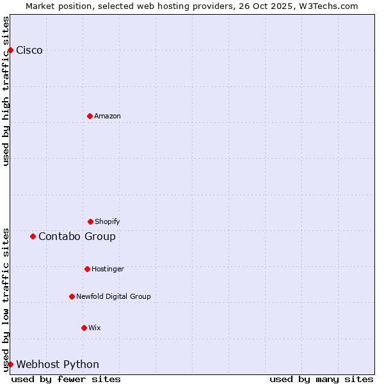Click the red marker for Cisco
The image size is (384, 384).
10,50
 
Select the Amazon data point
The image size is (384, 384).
90,116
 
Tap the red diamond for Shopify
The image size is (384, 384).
90,221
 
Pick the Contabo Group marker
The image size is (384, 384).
33,236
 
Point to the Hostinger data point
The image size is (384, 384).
87,269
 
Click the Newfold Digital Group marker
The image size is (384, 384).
72,296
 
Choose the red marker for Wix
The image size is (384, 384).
84,328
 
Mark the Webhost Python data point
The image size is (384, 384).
10,364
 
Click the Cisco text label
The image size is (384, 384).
29,51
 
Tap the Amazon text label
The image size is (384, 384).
108,116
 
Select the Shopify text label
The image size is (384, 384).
108,221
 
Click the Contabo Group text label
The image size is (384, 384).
77,237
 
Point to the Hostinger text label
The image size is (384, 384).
108,269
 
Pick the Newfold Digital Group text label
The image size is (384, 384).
113,296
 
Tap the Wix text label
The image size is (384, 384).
95,328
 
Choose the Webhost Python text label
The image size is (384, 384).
58,365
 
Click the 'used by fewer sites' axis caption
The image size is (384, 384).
66,379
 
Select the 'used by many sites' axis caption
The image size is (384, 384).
321,379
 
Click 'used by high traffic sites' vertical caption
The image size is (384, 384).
6,91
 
